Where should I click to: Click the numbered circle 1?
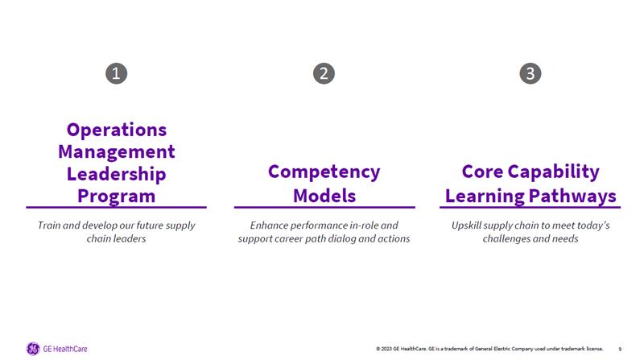tap(117, 73)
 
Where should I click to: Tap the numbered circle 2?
tap(324, 73)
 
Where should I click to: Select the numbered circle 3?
tap(530, 73)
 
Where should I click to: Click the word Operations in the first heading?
tap(117, 129)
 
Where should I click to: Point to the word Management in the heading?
tap(117, 151)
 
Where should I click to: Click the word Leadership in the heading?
tap(117, 173)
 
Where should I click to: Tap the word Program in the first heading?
tap(117, 195)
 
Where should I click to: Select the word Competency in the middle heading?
tap(324, 172)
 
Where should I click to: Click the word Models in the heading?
tap(324, 195)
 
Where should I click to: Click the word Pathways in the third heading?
tap(571, 195)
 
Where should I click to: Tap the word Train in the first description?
tap(51, 225)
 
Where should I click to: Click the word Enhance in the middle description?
tap(269, 225)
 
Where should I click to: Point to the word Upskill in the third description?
tap(468, 225)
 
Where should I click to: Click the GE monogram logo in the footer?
tap(33, 349)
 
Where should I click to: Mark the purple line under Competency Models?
tap(324, 208)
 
